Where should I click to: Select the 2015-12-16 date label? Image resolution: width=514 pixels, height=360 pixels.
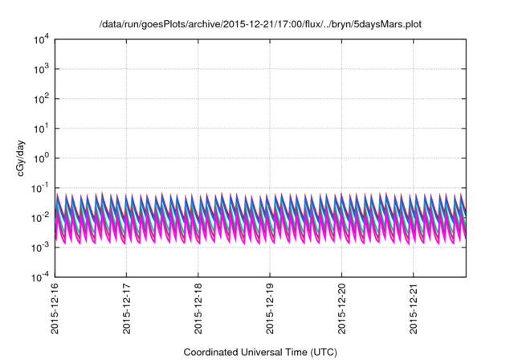coord(55,309)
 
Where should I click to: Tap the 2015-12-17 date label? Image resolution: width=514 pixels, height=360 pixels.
coord(126,309)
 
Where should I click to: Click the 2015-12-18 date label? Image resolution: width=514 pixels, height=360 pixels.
coord(198,309)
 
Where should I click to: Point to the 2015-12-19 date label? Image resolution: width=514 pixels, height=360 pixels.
coord(270,309)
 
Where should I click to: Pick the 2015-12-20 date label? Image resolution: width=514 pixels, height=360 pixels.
coord(342,309)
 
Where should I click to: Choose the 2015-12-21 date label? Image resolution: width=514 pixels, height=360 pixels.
coord(414,309)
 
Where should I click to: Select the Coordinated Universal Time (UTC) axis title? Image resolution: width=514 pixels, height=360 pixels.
coord(260,352)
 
